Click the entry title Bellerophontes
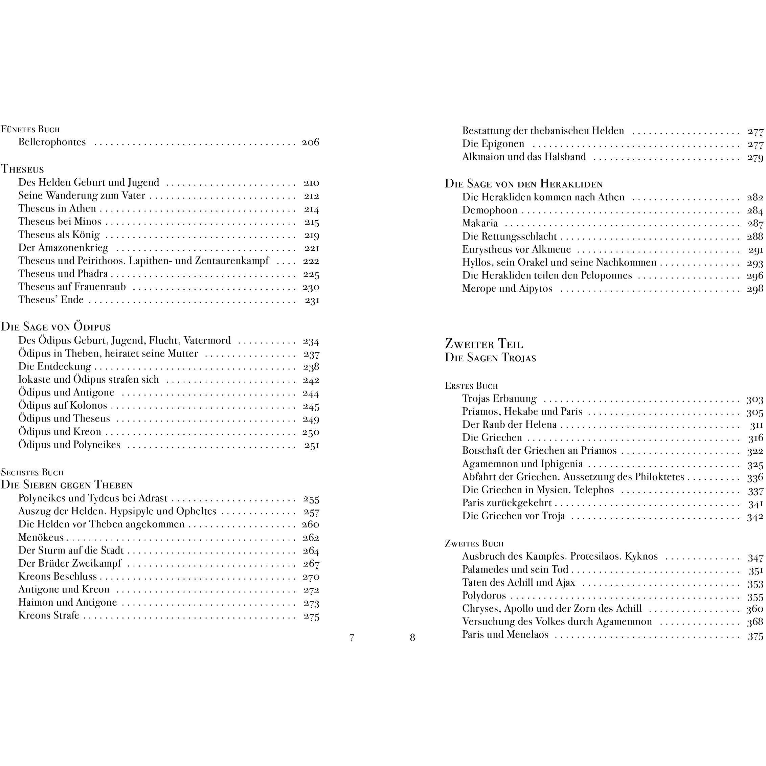click(52, 142)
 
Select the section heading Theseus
click(22, 169)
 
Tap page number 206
click(310, 142)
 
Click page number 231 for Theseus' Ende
click(312, 300)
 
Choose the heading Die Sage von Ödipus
click(55, 327)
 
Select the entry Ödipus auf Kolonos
click(63, 406)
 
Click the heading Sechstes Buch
click(32, 472)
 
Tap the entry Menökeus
click(41, 538)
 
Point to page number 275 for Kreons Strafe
click(311, 616)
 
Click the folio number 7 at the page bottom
click(352, 637)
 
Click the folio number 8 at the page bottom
click(412, 637)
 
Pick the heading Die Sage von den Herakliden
click(523, 184)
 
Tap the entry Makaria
click(480, 223)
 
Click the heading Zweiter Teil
click(484, 344)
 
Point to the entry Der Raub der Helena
click(509, 425)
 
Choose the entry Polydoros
click(484, 595)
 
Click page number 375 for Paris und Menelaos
click(755, 635)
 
